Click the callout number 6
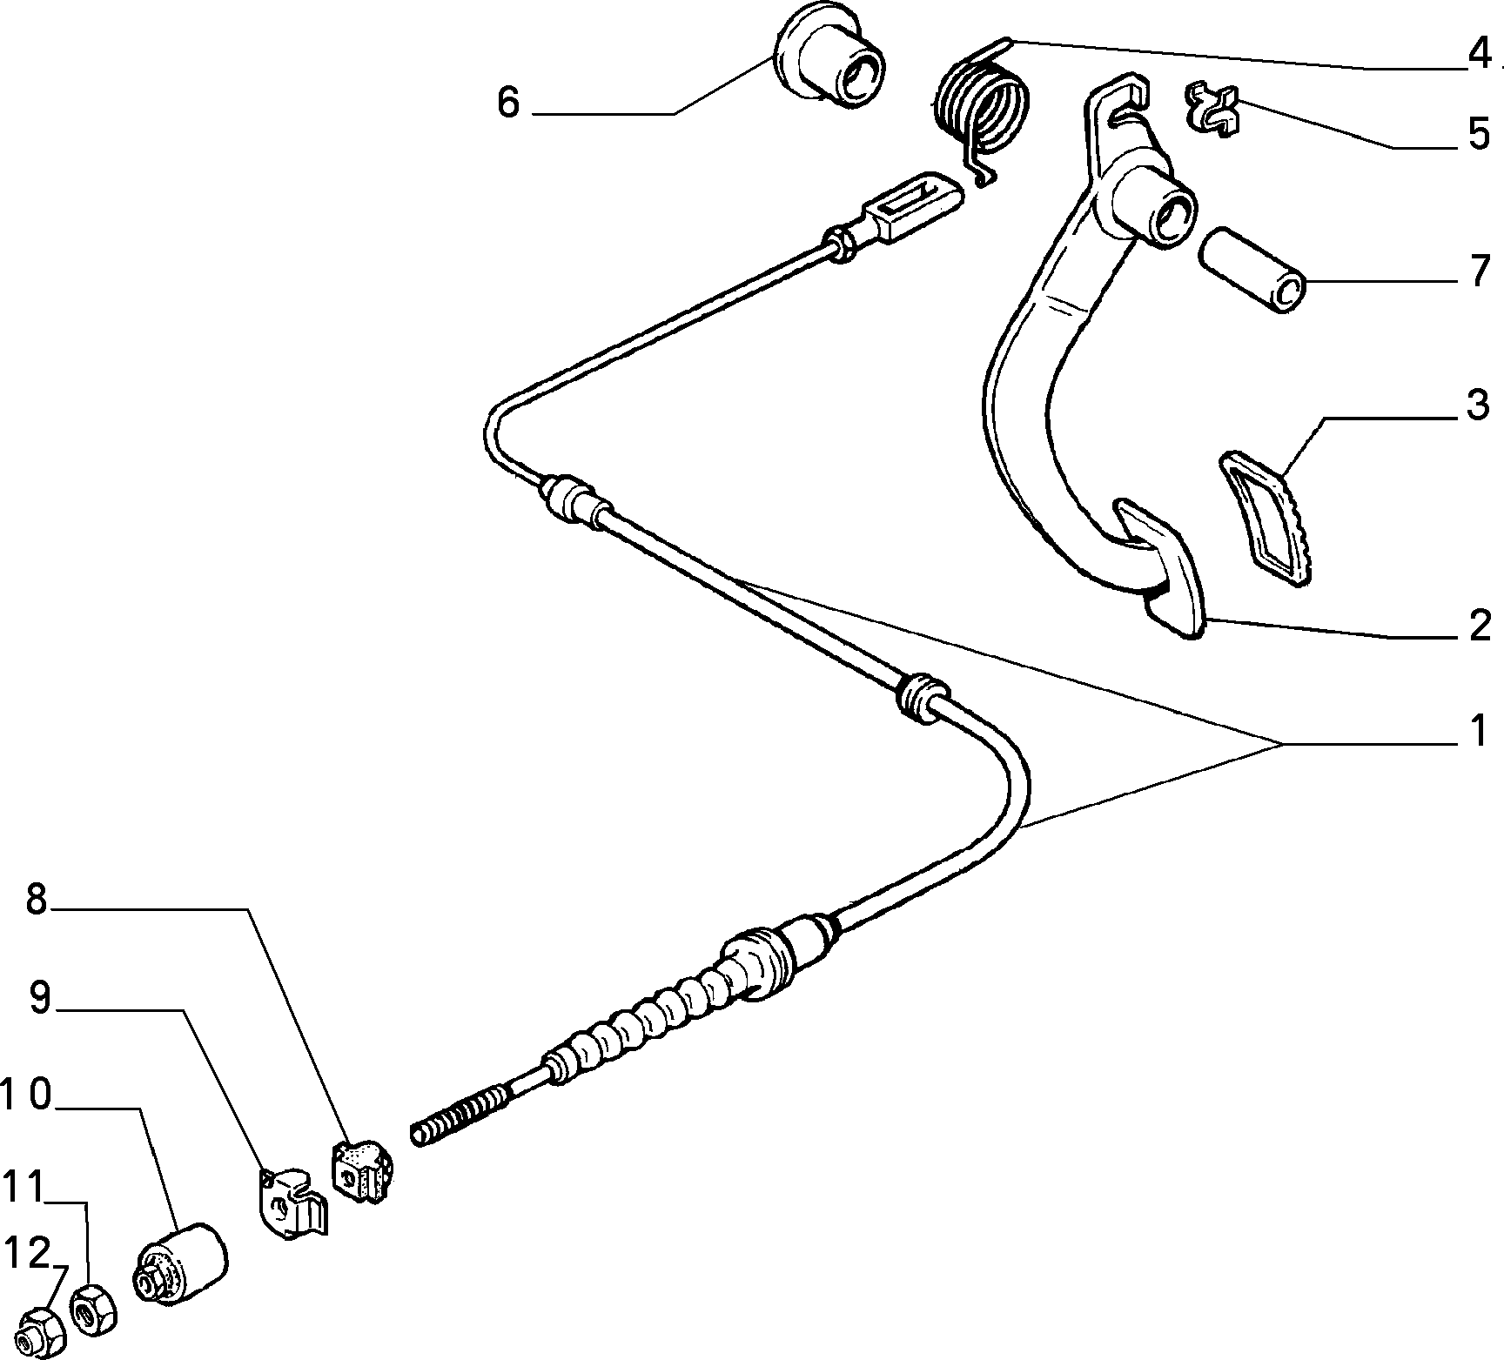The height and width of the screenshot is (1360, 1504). pos(508,103)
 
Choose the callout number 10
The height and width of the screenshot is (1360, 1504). pos(28,1097)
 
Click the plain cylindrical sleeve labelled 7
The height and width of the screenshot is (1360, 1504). pos(1253,270)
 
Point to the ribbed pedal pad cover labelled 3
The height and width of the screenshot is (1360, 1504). pos(1268,519)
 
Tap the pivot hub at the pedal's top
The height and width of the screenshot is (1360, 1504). pos(1151,205)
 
